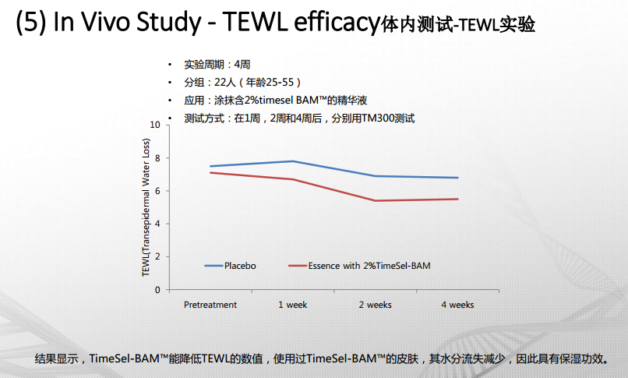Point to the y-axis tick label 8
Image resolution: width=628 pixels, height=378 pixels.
coord(157,158)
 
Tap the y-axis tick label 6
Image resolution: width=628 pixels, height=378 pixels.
coord(157,191)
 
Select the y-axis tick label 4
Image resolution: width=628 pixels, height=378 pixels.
coord(157,224)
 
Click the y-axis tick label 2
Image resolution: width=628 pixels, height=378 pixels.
coord(157,256)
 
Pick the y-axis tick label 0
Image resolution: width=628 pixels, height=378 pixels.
coord(157,290)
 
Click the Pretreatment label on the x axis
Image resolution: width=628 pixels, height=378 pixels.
coord(210,305)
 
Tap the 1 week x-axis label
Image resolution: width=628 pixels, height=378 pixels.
coord(293,305)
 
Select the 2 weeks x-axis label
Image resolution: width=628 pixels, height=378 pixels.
coord(375,305)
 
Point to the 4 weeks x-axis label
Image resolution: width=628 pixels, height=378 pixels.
coord(457,305)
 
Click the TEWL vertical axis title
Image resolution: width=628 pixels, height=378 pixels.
coord(146,207)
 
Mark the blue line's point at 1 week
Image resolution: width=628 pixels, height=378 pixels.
coord(293,161)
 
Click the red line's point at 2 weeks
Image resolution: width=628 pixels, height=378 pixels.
coord(375,200)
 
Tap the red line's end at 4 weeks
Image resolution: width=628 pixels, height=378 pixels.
coord(457,199)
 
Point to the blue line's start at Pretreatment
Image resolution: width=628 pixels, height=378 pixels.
coord(210,166)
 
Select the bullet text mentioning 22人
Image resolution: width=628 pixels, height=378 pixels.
coord(242,82)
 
